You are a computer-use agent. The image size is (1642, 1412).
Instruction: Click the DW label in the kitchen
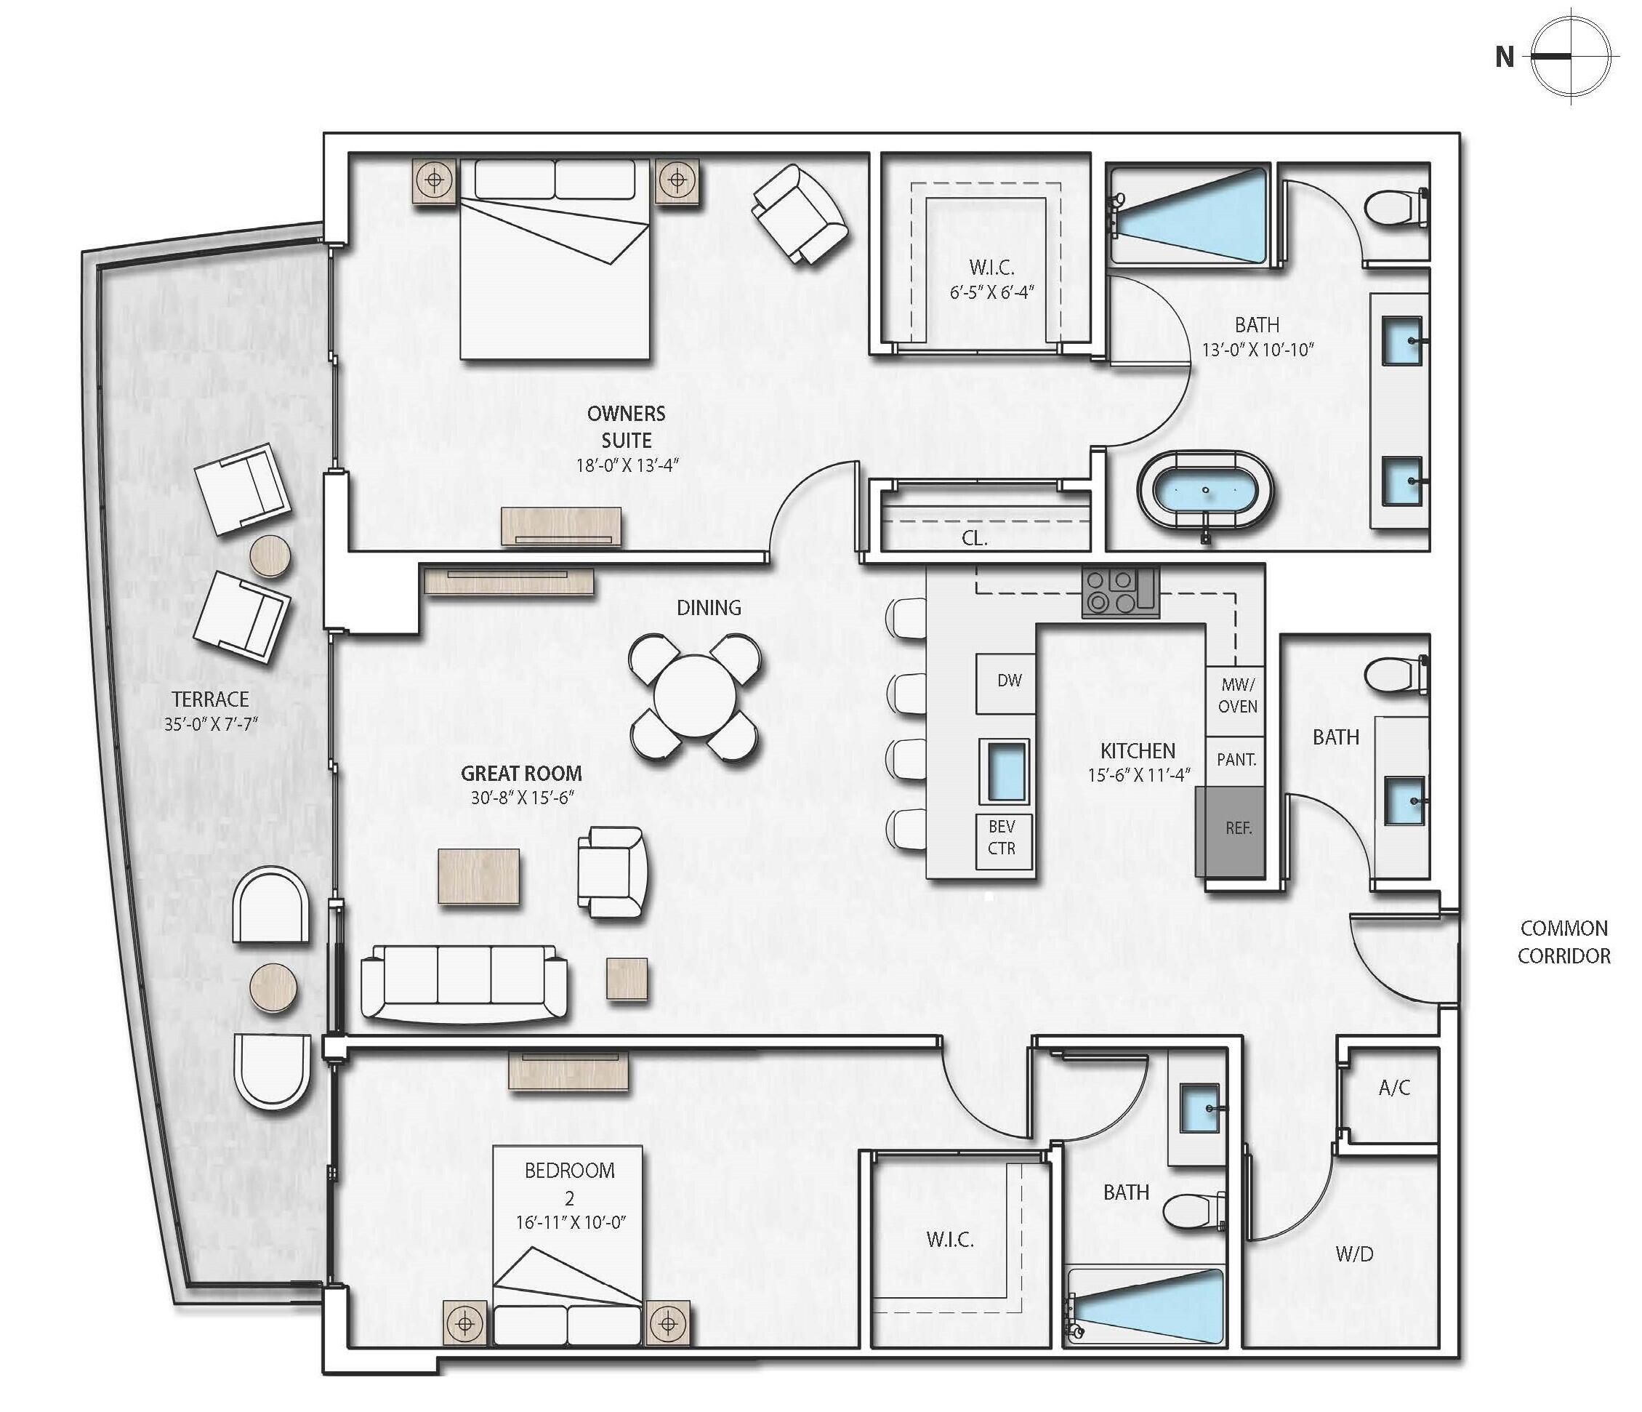[1009, 681]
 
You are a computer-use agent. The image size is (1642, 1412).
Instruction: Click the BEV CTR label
[1001, 837]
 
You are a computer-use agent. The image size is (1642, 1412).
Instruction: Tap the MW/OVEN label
[1237, 695]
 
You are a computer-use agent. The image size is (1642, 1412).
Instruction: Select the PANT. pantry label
[1236, 760]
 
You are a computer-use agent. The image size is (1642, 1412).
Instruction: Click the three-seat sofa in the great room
[464, 982]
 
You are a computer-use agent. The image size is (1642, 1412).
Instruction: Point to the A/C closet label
[1394, 1088]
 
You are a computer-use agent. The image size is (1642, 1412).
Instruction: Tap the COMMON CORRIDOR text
[1563, 942]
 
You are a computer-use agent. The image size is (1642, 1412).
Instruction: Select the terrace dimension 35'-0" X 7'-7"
[212, 724]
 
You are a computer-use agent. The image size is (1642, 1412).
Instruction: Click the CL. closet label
[974, 539]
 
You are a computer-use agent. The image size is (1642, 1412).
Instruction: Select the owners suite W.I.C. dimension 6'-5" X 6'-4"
[992, 292]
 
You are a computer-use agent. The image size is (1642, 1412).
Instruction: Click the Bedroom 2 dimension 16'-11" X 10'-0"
[571, 1222]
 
